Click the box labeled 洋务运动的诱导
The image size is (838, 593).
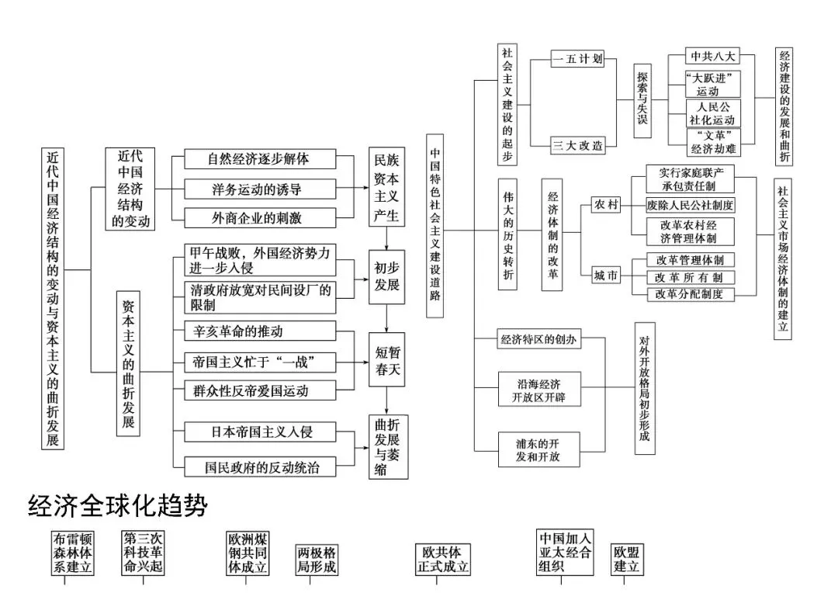point(260,189)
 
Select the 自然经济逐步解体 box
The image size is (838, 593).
point(260,159)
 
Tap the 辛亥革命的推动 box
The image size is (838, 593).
point(260,331)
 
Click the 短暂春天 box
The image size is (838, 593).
point(387,360)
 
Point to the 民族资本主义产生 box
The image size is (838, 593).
point(386,187)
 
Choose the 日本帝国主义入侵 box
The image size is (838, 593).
point(260,432)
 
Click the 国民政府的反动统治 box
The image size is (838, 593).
point(260,466)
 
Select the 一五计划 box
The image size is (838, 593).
point(577,59)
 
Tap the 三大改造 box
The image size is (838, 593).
point(577,145)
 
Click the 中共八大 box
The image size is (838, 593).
point(712,56)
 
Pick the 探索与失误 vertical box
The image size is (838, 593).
point(642,101)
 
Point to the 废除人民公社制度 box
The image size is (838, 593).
point(690,205)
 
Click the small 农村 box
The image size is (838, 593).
point(606,204)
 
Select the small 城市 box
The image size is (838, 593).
point(606,276)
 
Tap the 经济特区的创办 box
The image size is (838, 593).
point(538,339)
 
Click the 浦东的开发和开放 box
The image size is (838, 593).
point(538,449)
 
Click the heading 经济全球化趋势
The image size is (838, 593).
point(118,505)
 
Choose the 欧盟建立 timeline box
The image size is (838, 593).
point(627,560)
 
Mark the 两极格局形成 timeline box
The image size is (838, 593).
point(317,560)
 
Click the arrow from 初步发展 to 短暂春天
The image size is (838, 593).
point(387,319)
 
